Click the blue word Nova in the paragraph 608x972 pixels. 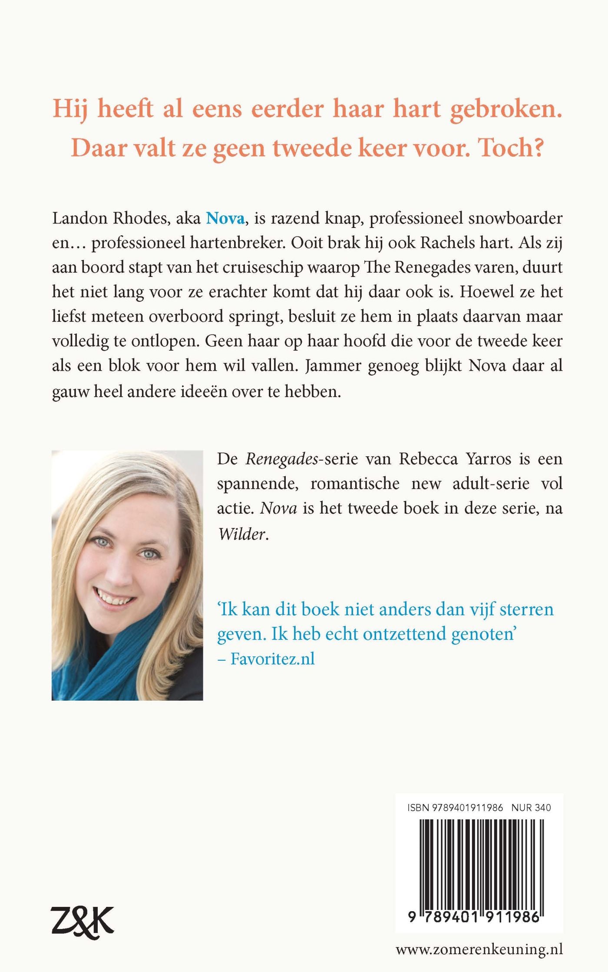(225, 218)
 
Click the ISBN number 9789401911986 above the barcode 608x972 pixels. (467, 807)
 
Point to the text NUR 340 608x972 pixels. (531, 807)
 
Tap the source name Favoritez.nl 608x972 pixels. (272, 659)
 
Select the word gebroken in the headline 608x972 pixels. (506, 109)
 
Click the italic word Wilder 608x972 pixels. (242, 534)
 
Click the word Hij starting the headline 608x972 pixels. (69, 109)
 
